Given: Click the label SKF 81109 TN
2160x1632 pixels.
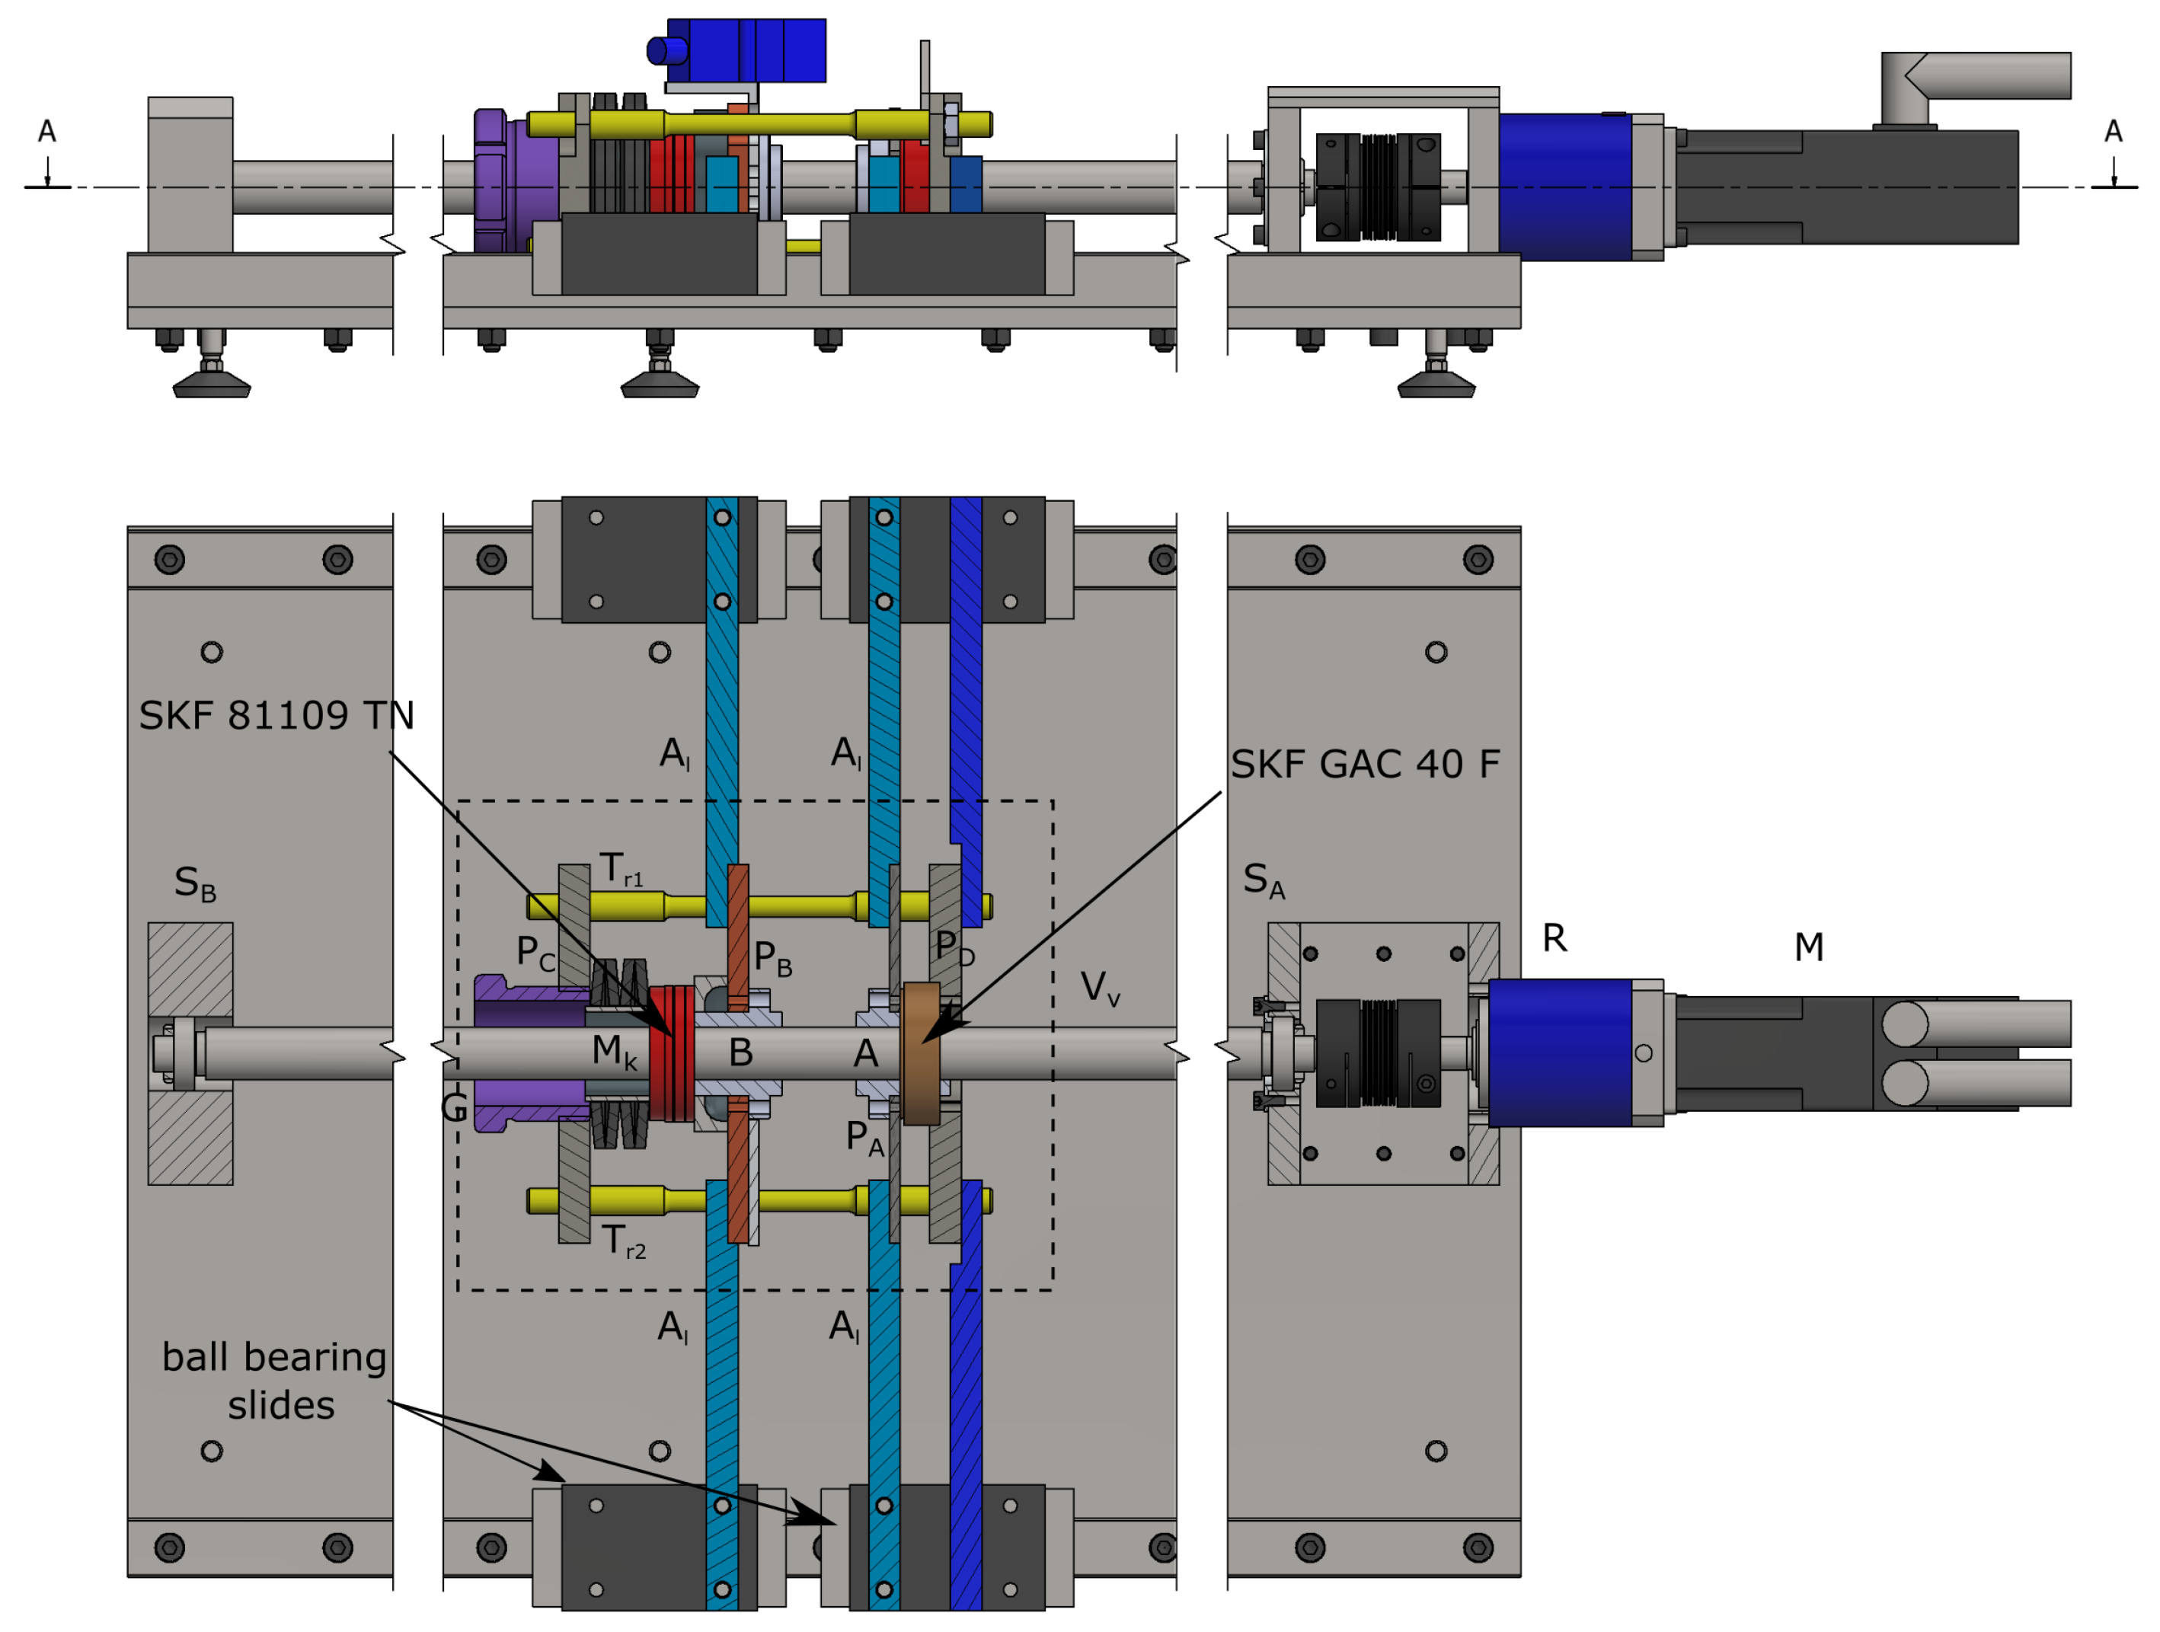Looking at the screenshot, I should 276,716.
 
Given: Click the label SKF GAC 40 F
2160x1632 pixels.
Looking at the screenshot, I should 1364,765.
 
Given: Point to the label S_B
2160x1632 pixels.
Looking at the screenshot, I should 194,884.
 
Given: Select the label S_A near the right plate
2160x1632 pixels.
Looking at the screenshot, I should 1264,881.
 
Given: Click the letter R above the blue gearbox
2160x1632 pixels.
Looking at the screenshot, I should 1554,938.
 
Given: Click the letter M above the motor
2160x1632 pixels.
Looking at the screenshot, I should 1808,947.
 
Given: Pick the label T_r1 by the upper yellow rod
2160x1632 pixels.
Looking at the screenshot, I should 621,869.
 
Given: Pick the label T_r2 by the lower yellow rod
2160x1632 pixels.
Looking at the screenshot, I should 623,1241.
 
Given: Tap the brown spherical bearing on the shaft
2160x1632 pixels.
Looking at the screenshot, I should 921,1052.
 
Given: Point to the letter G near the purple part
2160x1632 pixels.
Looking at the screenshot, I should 454,1107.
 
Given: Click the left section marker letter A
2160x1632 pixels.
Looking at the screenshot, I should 47,132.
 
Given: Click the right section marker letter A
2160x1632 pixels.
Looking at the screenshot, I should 2113,132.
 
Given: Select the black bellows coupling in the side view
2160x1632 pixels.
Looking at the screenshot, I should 1378,187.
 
